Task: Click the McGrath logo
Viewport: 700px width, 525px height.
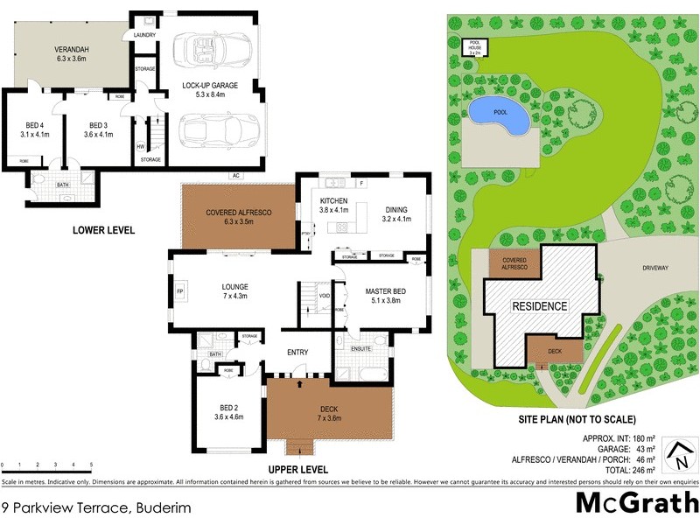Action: point(636,504)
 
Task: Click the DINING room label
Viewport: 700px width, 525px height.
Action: point(397,213)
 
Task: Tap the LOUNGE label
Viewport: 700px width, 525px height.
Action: point(234,291)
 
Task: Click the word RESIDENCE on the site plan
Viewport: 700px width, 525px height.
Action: point(540,306)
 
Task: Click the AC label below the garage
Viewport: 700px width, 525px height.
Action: point(235,175)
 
